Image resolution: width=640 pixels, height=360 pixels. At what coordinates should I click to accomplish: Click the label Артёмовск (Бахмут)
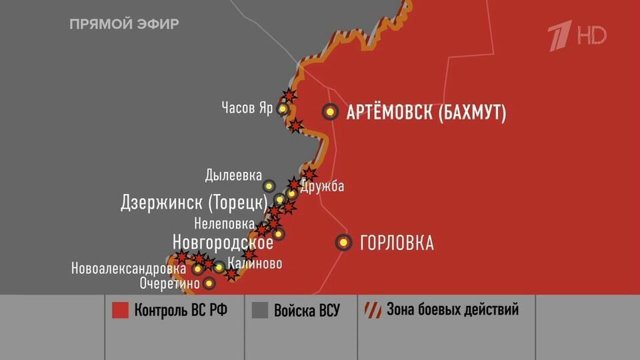426,112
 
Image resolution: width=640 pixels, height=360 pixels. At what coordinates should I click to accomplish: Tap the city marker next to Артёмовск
330,112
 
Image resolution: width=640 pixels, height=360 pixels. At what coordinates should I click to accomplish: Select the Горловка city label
397,243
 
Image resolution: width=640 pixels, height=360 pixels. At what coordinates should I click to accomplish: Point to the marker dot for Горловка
343,243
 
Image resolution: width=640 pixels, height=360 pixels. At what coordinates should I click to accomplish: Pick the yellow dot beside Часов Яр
283,109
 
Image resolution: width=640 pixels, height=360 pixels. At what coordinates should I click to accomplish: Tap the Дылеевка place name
233,176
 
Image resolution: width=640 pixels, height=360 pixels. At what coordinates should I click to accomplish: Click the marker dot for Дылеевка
269,186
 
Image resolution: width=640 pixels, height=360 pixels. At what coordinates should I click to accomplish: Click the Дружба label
322,187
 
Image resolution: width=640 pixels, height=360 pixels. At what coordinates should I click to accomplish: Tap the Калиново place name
254,263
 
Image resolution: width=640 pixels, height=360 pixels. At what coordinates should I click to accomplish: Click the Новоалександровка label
129,269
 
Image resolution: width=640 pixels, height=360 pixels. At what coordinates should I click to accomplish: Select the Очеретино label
169,283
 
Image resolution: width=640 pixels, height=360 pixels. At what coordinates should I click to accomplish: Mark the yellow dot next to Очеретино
209,283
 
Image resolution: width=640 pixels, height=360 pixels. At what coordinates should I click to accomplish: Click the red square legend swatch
120,311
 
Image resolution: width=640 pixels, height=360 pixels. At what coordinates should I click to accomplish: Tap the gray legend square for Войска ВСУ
260,311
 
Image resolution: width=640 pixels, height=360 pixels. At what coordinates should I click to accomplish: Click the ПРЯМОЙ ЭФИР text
124,24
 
